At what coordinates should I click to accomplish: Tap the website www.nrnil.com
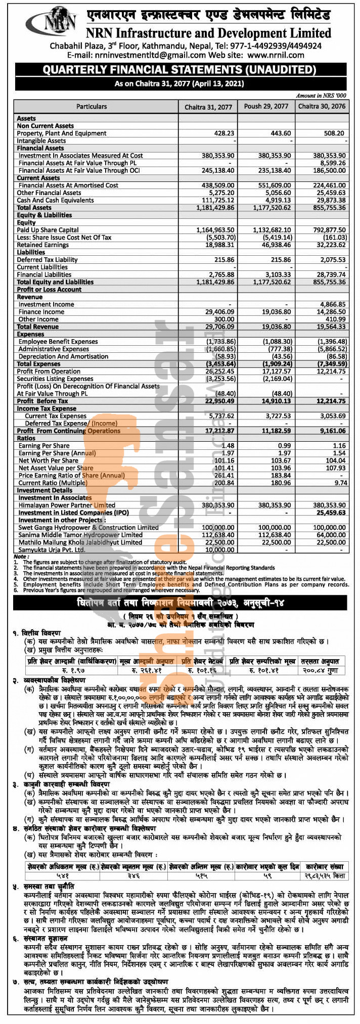pyautogui.click(x=276, y=55)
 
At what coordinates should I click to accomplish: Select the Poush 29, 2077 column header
pyautogui.click(x=266, y=107)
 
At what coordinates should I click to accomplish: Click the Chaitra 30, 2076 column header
pyautogui.click(x=322, y=107)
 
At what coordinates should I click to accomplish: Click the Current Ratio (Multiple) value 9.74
pyautogui.click(x=340, y=483)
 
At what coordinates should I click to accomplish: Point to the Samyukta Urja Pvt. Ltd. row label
pyautogui.click(x=52, y=550)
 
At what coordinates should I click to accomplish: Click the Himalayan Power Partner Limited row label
pyautogui.click(x=67, y=505)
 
